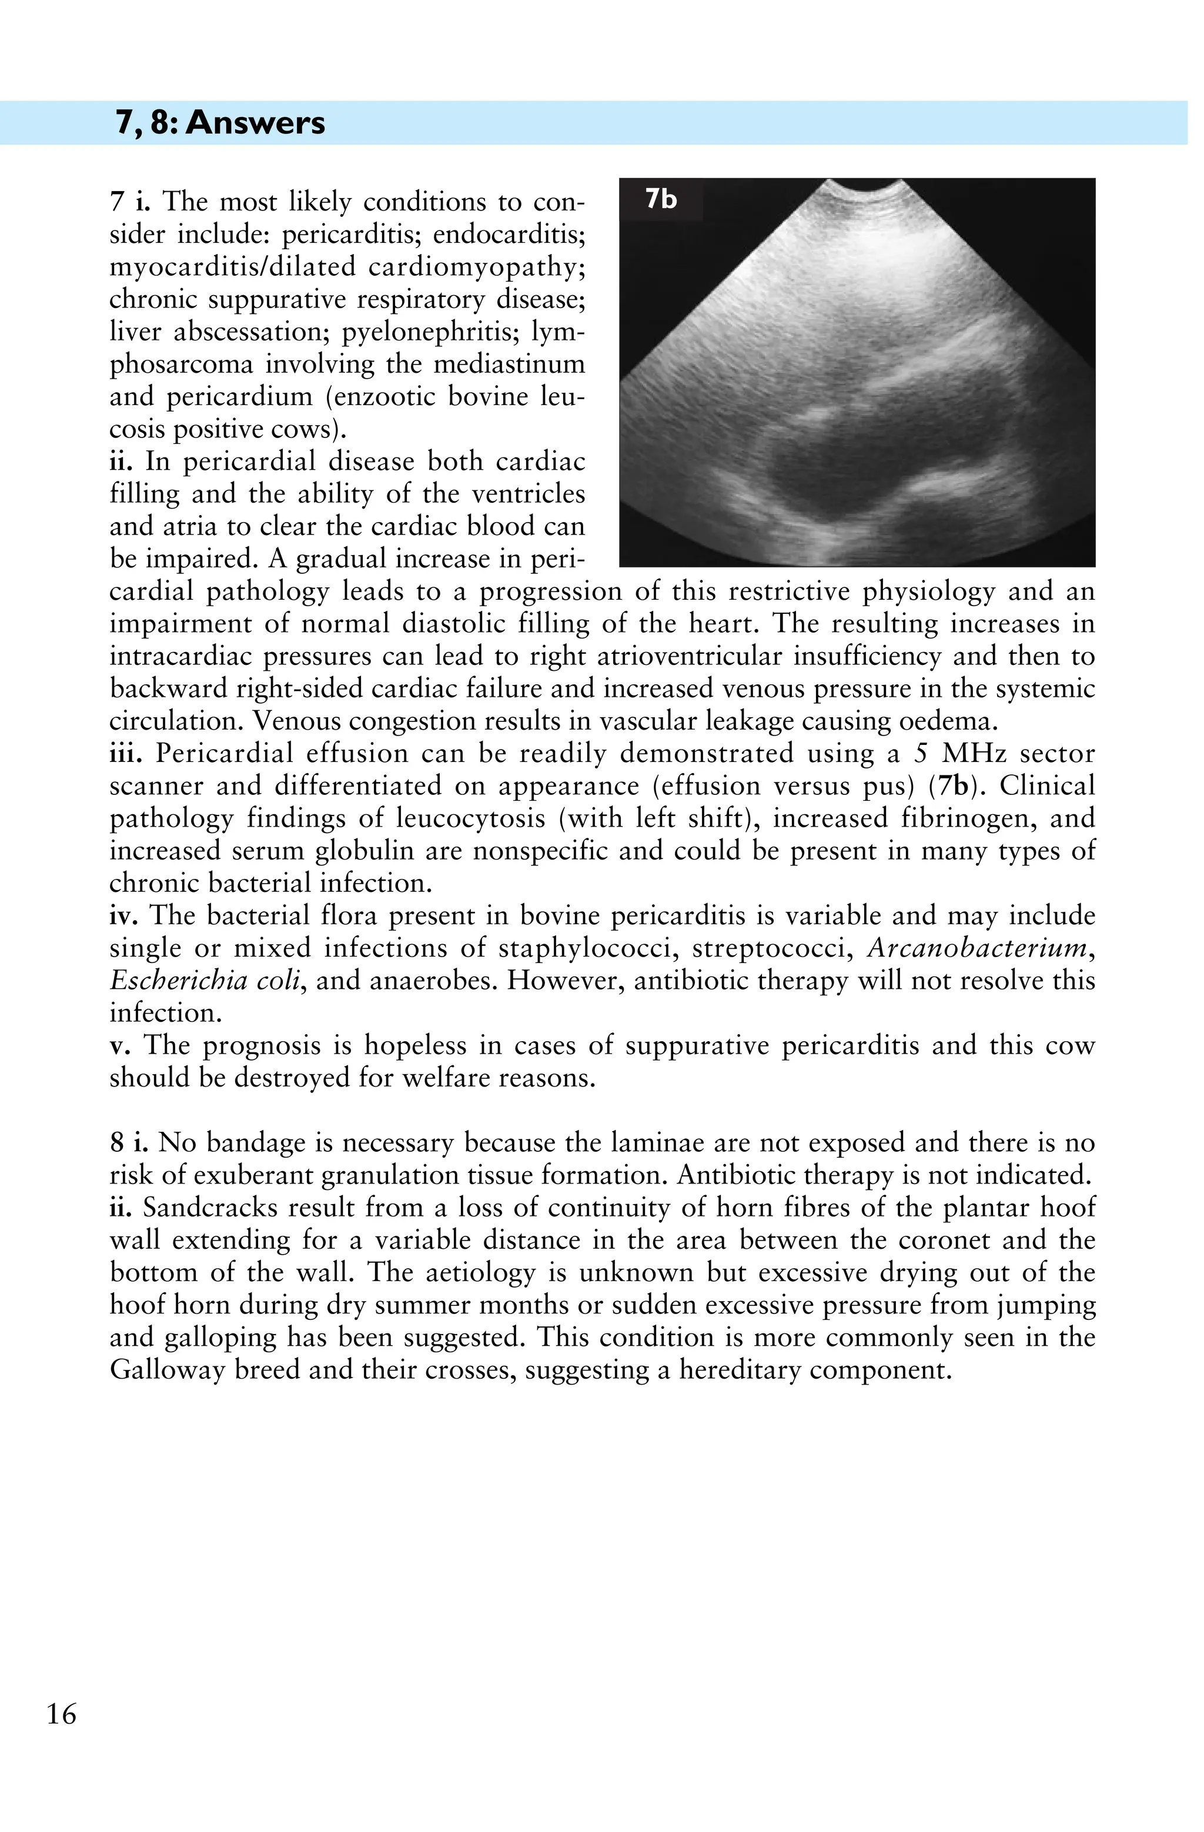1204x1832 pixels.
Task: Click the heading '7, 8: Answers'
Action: (x=220, y=123)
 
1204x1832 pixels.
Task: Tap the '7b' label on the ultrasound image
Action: (x=661, y=199)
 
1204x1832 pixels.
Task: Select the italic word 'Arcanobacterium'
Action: (x=977, y=948)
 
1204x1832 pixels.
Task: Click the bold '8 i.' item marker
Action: (x=129, y=1143)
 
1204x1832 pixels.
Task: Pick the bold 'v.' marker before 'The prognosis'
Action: (x=121, y=1045)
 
